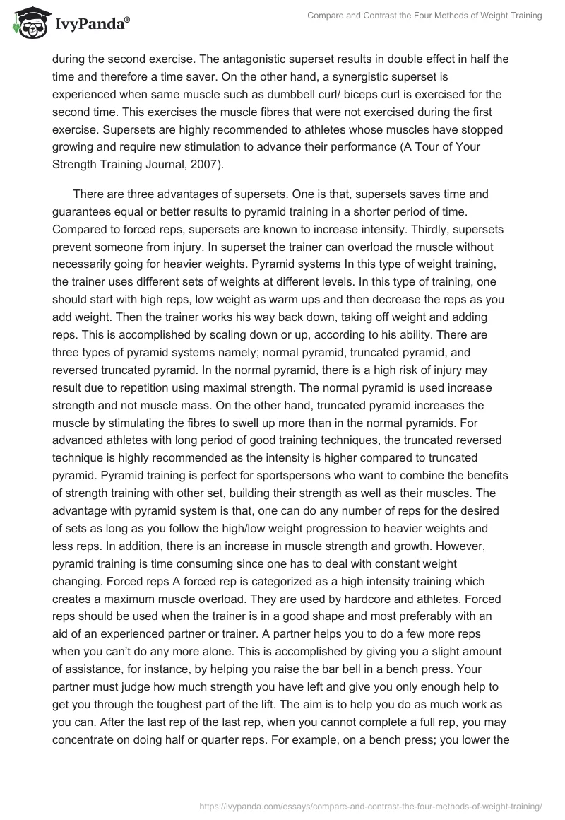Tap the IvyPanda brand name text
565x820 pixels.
(x=93, y=25)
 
